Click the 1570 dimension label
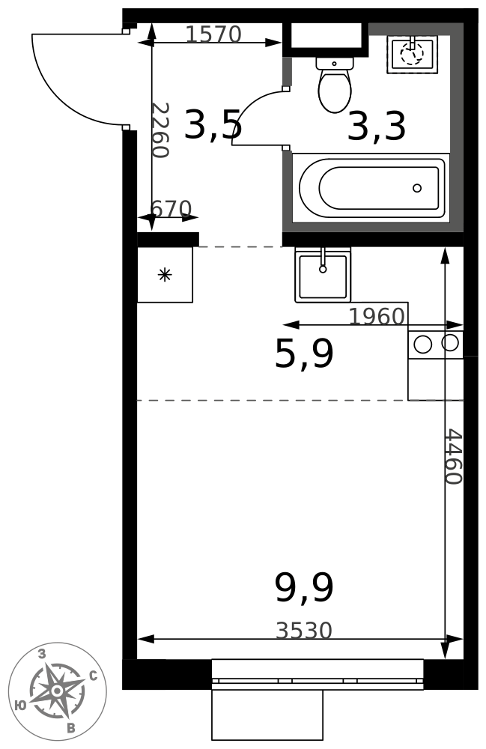click(213, 34)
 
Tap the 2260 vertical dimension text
click(160, 130)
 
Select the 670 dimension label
click(171, 209)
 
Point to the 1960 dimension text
click(377, 316)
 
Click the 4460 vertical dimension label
click(453, 457)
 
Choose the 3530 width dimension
click(303, 631)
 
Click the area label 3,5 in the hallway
click(213, 124)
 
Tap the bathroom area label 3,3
click(377, 126)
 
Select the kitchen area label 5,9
click(304, 354)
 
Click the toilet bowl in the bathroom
click(335, 91)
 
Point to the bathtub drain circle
click(417, 188)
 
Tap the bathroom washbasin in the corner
click(413, 53)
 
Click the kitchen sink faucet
click(323, 261)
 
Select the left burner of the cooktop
click(422, 344)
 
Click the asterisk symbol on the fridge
click(165, 275)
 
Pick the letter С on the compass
click(94, 676)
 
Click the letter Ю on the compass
click(20, 706)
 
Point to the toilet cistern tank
click(335, 64)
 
